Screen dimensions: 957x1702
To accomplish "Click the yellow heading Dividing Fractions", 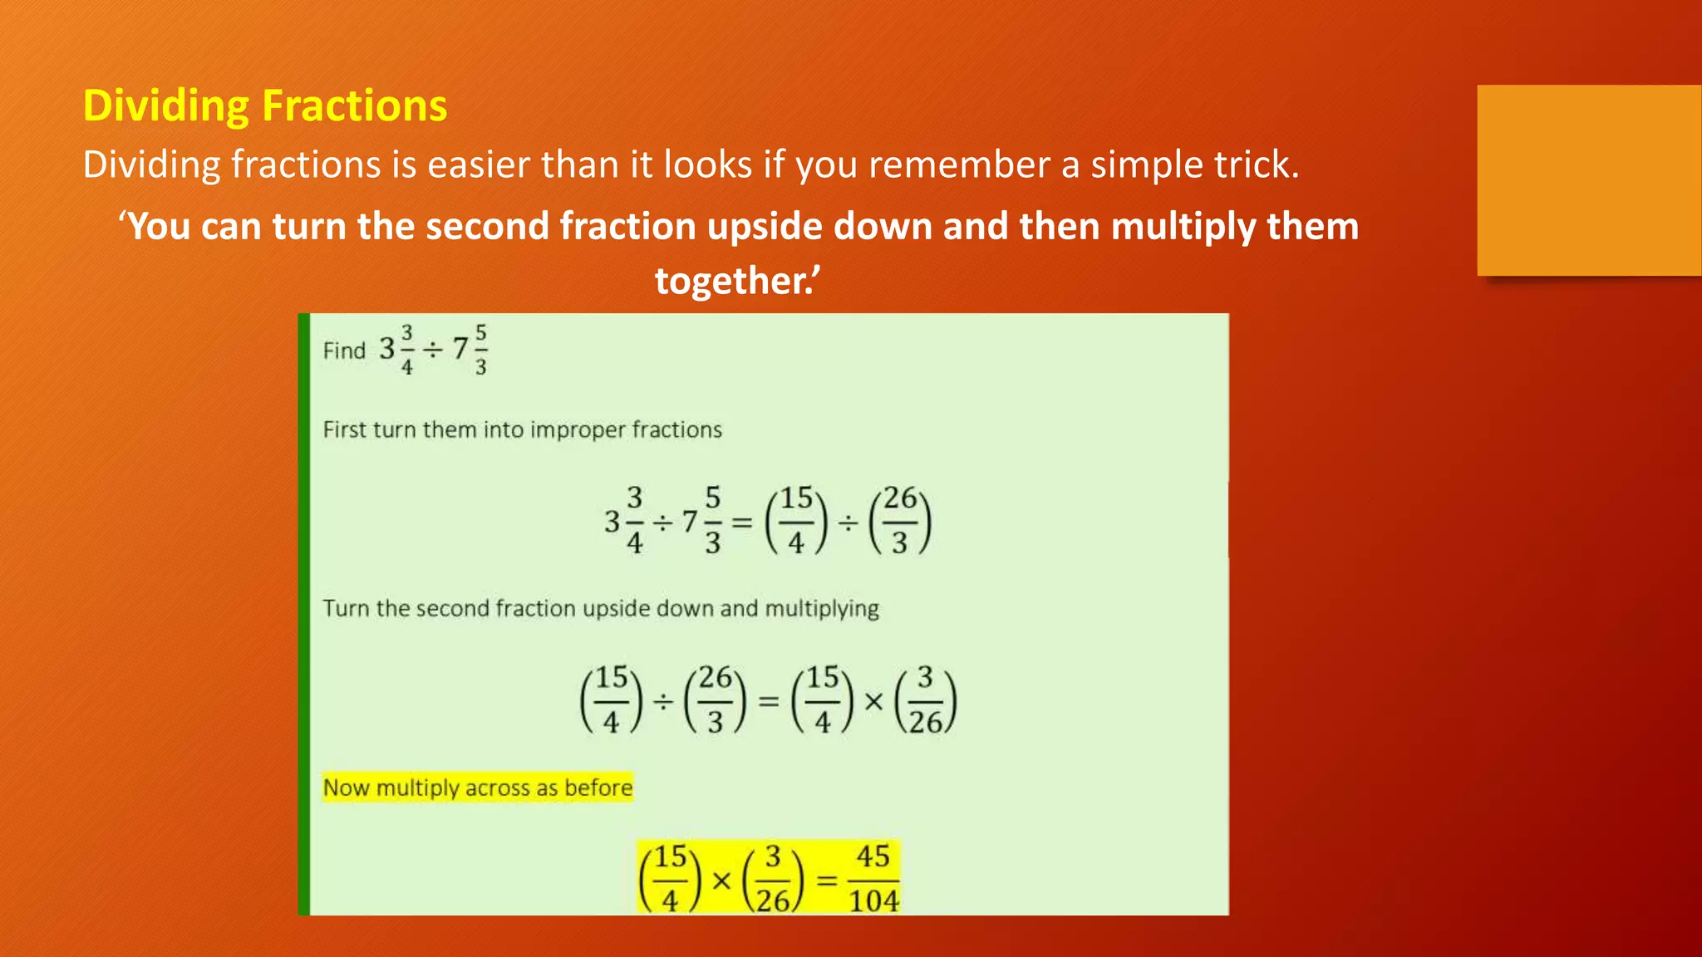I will pos(265,106).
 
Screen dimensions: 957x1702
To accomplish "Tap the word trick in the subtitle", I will pos(1255,164).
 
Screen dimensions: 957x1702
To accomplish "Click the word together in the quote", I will pos(731,281).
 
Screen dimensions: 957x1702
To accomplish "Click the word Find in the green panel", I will pos(344,351).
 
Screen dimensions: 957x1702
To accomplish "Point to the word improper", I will pos(578,429).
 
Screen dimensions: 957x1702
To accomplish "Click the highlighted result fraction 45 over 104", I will pos(873,878).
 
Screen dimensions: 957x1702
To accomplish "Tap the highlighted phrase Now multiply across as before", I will pos(478,788).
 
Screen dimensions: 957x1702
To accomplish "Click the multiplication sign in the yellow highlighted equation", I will pos(721,880).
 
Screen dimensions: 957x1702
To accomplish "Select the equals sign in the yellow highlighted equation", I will pos(827,879).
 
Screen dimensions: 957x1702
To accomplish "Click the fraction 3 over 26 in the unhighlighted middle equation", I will pos(925,700).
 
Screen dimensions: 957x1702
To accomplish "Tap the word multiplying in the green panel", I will pos(821,609).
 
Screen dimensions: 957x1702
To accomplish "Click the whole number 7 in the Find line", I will pos(460,349).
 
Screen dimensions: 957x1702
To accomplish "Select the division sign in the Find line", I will pos(432,350).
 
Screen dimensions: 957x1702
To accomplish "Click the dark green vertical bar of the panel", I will pos(304,614).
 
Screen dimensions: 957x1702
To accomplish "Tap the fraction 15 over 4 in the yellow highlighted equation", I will pos(670,878).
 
